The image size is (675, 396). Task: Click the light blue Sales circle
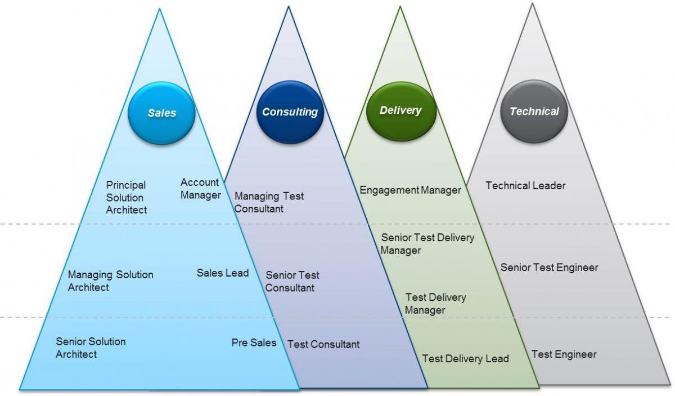point(161,113)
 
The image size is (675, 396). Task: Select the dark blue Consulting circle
point(290,112)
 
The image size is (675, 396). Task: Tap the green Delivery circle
point(400,110)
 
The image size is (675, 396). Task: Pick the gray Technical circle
point(534,111)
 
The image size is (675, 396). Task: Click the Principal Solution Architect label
point(127,197)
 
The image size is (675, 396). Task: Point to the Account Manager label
point(200,189)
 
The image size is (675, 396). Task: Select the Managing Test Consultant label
point(269,202)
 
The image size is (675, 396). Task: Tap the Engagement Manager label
point(410,190)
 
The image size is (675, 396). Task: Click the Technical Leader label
point(525,185)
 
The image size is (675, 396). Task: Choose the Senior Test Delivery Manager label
point(427,244)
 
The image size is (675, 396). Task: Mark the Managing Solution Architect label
point(110,281)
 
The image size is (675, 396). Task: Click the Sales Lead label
point(222,273)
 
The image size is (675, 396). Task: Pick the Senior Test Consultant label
point(292,282)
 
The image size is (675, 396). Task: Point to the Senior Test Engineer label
point(549,268)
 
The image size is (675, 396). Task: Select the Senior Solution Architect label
point(91,348)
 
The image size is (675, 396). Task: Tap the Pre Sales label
point(254,342)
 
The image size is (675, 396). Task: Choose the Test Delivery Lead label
point(465,359)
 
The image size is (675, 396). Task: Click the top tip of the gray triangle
point(532,4)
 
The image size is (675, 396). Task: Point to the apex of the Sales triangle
point(160,8)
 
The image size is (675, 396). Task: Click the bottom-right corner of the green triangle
point(538,387)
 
